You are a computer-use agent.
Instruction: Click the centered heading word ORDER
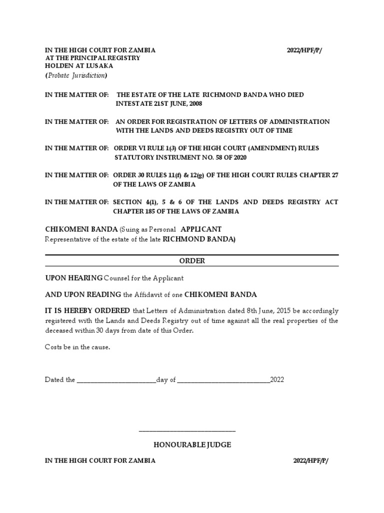pos(192,261)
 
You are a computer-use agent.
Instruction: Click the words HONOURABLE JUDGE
pos(192,445)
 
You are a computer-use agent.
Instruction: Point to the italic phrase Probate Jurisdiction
pos(76,76)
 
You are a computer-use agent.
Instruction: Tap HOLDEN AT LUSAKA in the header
pos(79,66)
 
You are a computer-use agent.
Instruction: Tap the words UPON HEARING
pos(73,278)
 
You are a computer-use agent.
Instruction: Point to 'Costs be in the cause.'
pos(77,347)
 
